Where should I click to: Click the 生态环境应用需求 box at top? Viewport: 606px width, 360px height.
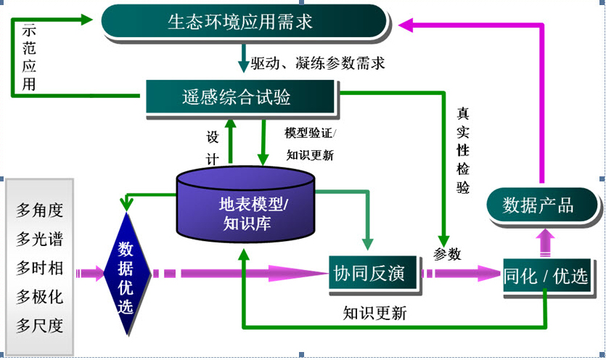(243, 22)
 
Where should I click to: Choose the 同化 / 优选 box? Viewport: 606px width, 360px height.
(549, 276)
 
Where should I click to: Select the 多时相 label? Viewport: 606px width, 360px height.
(40, 268)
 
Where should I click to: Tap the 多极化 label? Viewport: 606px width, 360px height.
(40, 296)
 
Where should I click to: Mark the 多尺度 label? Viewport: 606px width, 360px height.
(40, 324)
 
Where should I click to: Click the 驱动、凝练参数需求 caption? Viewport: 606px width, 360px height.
(317, 63)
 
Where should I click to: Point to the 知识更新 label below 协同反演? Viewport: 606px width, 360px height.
(374, 314)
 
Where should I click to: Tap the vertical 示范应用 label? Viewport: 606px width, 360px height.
(29, 58)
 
